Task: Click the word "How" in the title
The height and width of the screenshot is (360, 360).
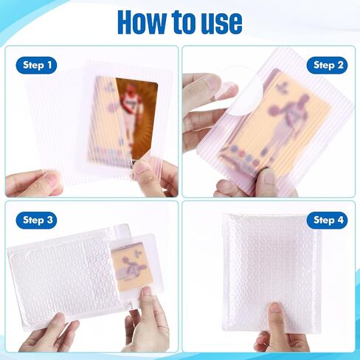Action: coord(142,22)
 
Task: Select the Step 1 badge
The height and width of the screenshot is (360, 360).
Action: coord(36,65)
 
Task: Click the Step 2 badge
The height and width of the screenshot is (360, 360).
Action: coord(327,65)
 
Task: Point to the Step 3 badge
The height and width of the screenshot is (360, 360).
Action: coord(36,220)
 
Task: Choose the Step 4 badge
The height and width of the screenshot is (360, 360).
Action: coord(327,220)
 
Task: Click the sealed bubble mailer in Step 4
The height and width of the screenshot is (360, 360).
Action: coord(271,273)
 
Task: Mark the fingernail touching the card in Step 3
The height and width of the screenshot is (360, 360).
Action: coord(147,291)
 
